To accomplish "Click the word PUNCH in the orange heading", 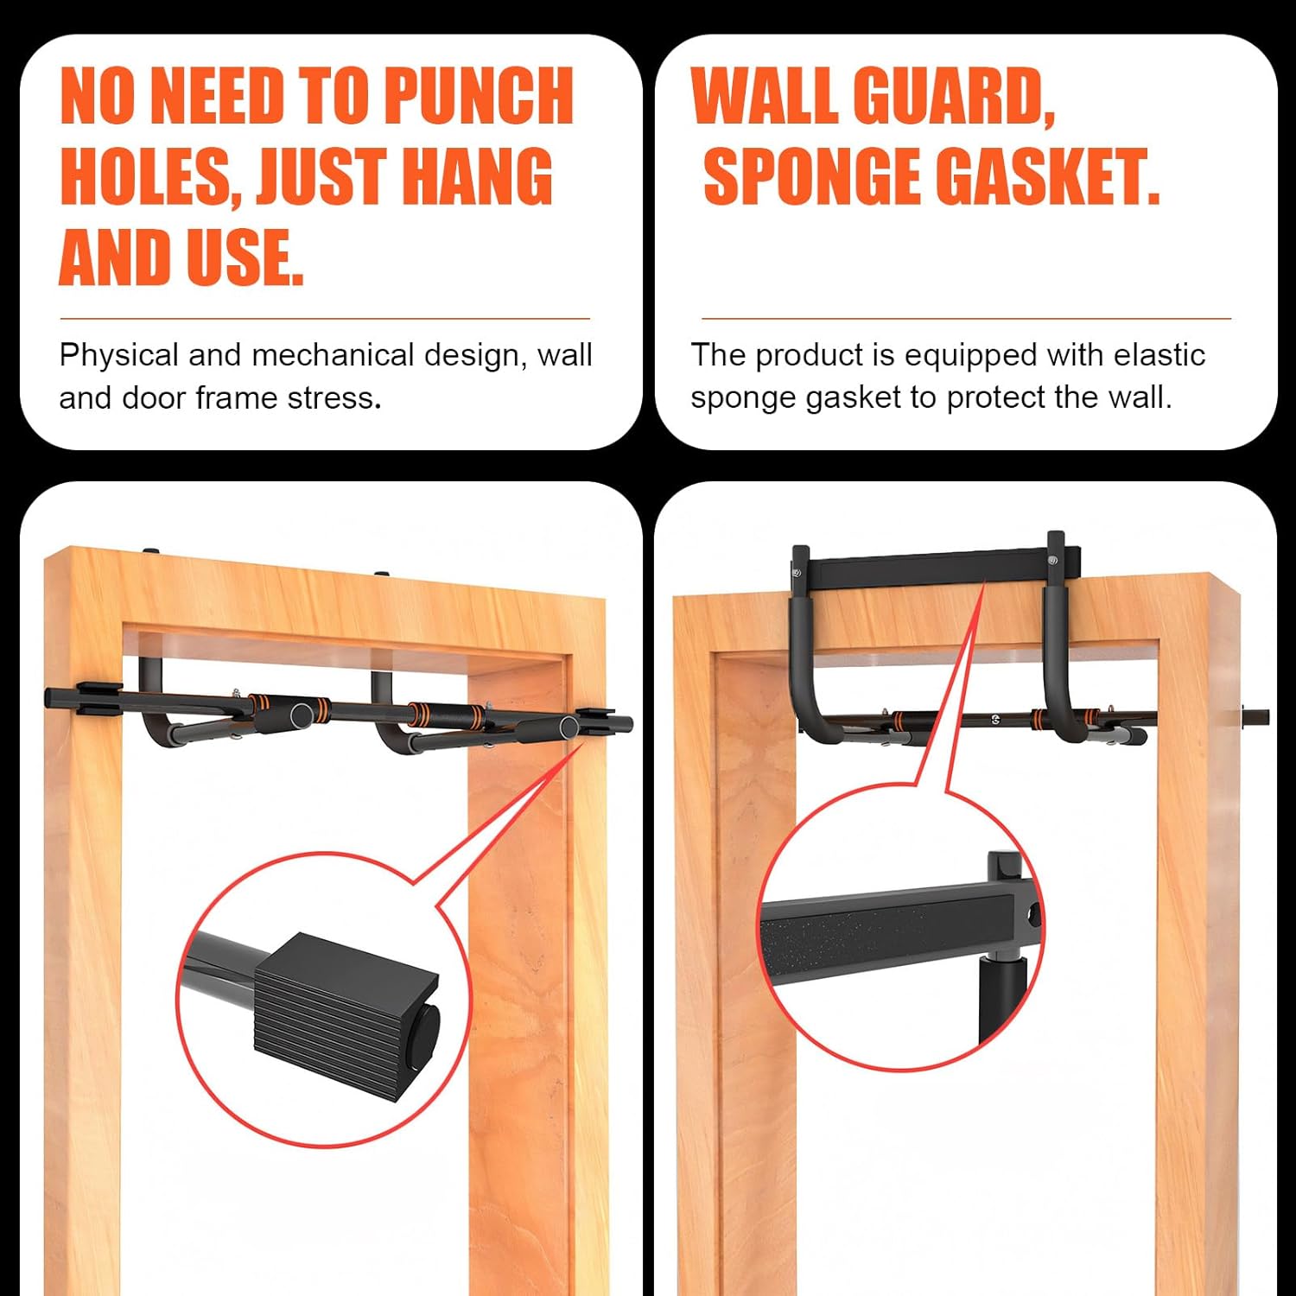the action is [x=478, y=95].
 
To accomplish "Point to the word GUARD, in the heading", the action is [x=954, y=97].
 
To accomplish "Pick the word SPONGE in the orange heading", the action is [x=812, y=176].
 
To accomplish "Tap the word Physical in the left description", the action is [x=119, y=355].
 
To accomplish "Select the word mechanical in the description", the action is [x=334, y=354].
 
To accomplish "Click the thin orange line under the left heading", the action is [x=325, y=319].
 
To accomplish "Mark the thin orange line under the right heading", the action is [x=966, y=319].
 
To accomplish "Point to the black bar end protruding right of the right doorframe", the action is [x=1255, y=716].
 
